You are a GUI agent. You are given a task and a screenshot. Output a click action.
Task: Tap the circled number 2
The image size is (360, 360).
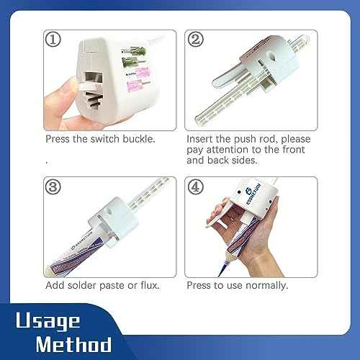click(195, 40)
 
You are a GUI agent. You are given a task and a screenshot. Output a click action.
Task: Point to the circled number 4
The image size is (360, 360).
click(195, 186)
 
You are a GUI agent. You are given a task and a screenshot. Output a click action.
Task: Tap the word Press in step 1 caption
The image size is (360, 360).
click(58, 138)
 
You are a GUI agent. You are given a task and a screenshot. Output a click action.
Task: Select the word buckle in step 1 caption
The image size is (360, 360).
click(139, 138)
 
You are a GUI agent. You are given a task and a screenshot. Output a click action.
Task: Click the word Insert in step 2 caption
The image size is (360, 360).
click(200, 138)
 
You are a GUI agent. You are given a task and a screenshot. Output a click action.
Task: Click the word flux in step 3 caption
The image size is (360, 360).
click(149, 285)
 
